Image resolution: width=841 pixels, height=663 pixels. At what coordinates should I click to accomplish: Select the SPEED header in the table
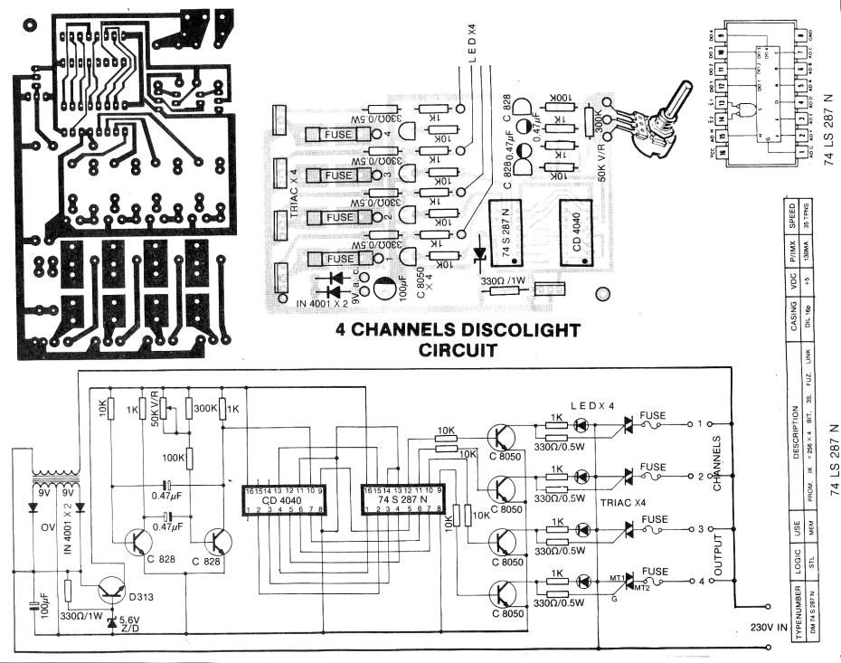pyautogui.click(x=792, y=220)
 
